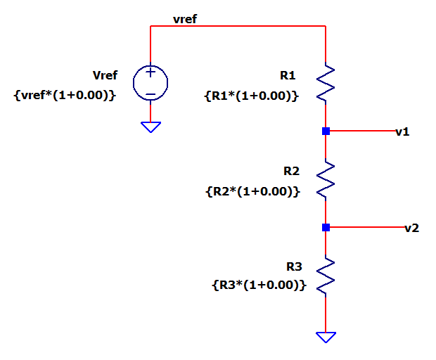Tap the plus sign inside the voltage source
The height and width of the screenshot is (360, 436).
click(x=150, y=72)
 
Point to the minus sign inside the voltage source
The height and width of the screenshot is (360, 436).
click(x=150, y=94)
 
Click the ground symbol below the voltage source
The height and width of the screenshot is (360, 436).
click(x=150, y=127)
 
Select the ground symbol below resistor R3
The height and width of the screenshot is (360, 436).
click(x=326, y=337)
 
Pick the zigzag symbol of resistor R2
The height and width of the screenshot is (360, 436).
click(x=326, y=179)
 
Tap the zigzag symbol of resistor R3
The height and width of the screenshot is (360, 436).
click(x=326, y=276)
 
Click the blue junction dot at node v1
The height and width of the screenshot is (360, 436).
click(x=326, y=131)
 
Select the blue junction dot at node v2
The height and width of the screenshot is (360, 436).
click(x=326, y=227)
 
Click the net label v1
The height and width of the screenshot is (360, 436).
click(x=402, y=131)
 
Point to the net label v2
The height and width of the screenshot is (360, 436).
click(x=412, y=229)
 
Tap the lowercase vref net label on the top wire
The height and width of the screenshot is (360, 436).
click(x=185, y=19)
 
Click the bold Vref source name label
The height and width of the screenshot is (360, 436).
click(x=105, y=75)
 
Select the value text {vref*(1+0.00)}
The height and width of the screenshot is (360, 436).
click(x=65, y=96)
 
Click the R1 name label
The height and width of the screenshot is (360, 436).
click(x=288, y=75)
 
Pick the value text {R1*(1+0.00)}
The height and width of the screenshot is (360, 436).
click(x=251, y=96)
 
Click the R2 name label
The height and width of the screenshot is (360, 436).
click(x=291, y=171)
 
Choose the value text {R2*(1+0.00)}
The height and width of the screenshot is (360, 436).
click(x=252, y=191)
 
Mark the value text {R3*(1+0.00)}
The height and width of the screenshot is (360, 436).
click(x=259, y=285)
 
